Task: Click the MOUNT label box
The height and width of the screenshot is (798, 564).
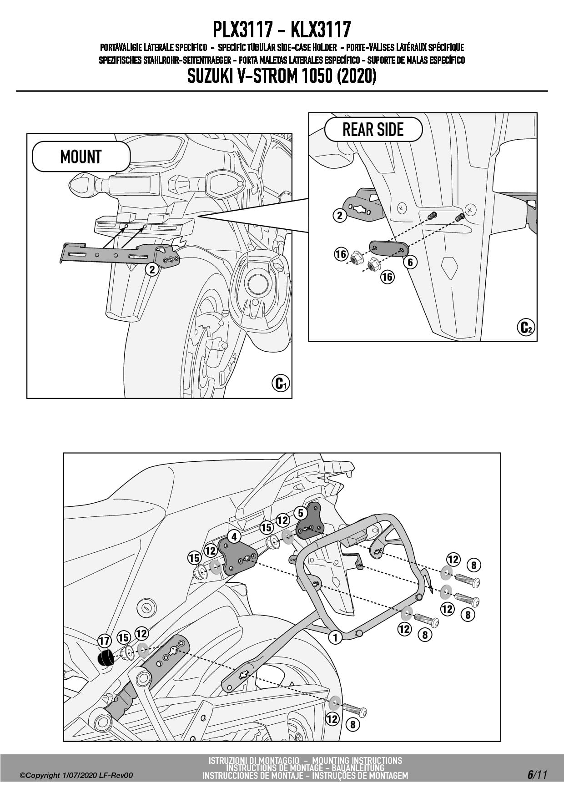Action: click(x=81, y=157)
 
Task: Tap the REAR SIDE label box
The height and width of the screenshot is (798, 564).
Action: click(x=373, y=130)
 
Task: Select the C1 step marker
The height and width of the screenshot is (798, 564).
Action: click(x=280, y=384)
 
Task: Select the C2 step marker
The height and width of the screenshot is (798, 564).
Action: click(x=525, y=327)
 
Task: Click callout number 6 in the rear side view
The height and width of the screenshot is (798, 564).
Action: click(x=410, y=262)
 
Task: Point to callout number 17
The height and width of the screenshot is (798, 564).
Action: click(x=105, y=641)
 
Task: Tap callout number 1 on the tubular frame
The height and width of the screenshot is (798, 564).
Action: click(x=335, y=637)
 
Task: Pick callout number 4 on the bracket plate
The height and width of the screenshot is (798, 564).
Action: click(x=234, y=537)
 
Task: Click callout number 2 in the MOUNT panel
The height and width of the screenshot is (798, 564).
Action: click(x=152, y=269)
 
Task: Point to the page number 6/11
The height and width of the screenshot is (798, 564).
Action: click(x=537, y=775)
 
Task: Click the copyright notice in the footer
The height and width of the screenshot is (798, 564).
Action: click(x=76, y=775)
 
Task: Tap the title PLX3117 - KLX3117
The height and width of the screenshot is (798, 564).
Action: click(x=282, y=30)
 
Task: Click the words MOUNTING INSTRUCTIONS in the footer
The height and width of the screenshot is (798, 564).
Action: click(x=357, y=760)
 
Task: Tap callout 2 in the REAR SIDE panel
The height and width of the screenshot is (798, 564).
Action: click(x=340, y=215)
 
